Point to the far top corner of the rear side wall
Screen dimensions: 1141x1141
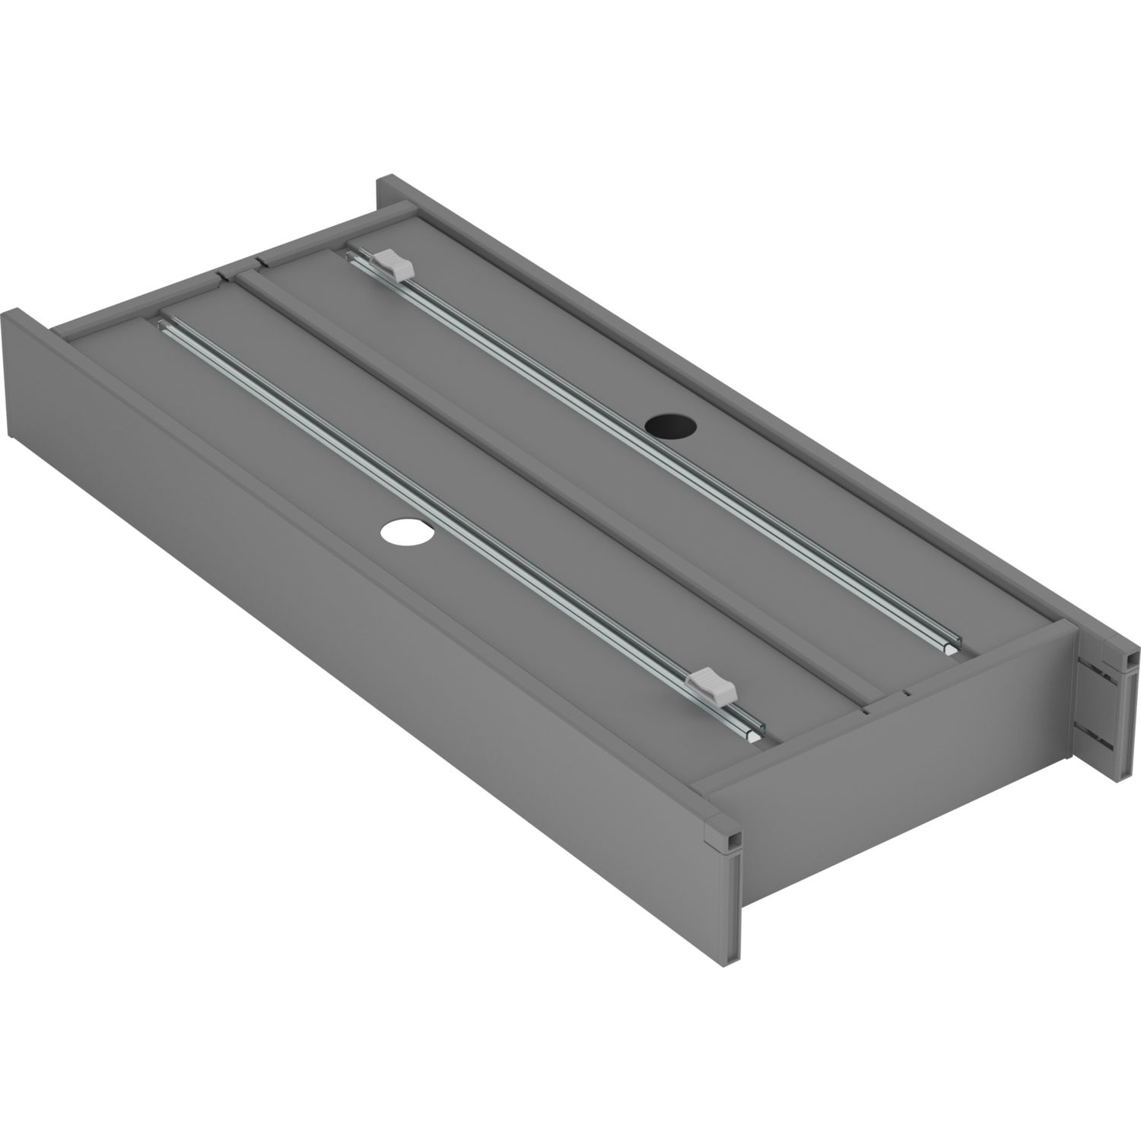pos(392,180)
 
